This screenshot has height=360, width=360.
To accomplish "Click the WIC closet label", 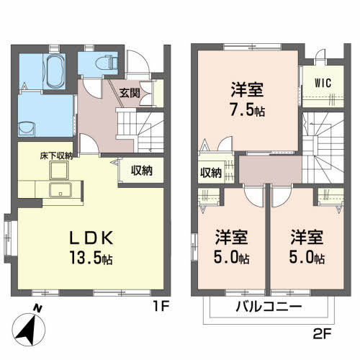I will coord(322,82).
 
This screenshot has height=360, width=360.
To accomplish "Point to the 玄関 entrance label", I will coord(130,92).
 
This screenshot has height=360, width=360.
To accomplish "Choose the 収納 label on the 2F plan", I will coord(211,173).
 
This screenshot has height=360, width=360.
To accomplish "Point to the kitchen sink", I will coord(57,190).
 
